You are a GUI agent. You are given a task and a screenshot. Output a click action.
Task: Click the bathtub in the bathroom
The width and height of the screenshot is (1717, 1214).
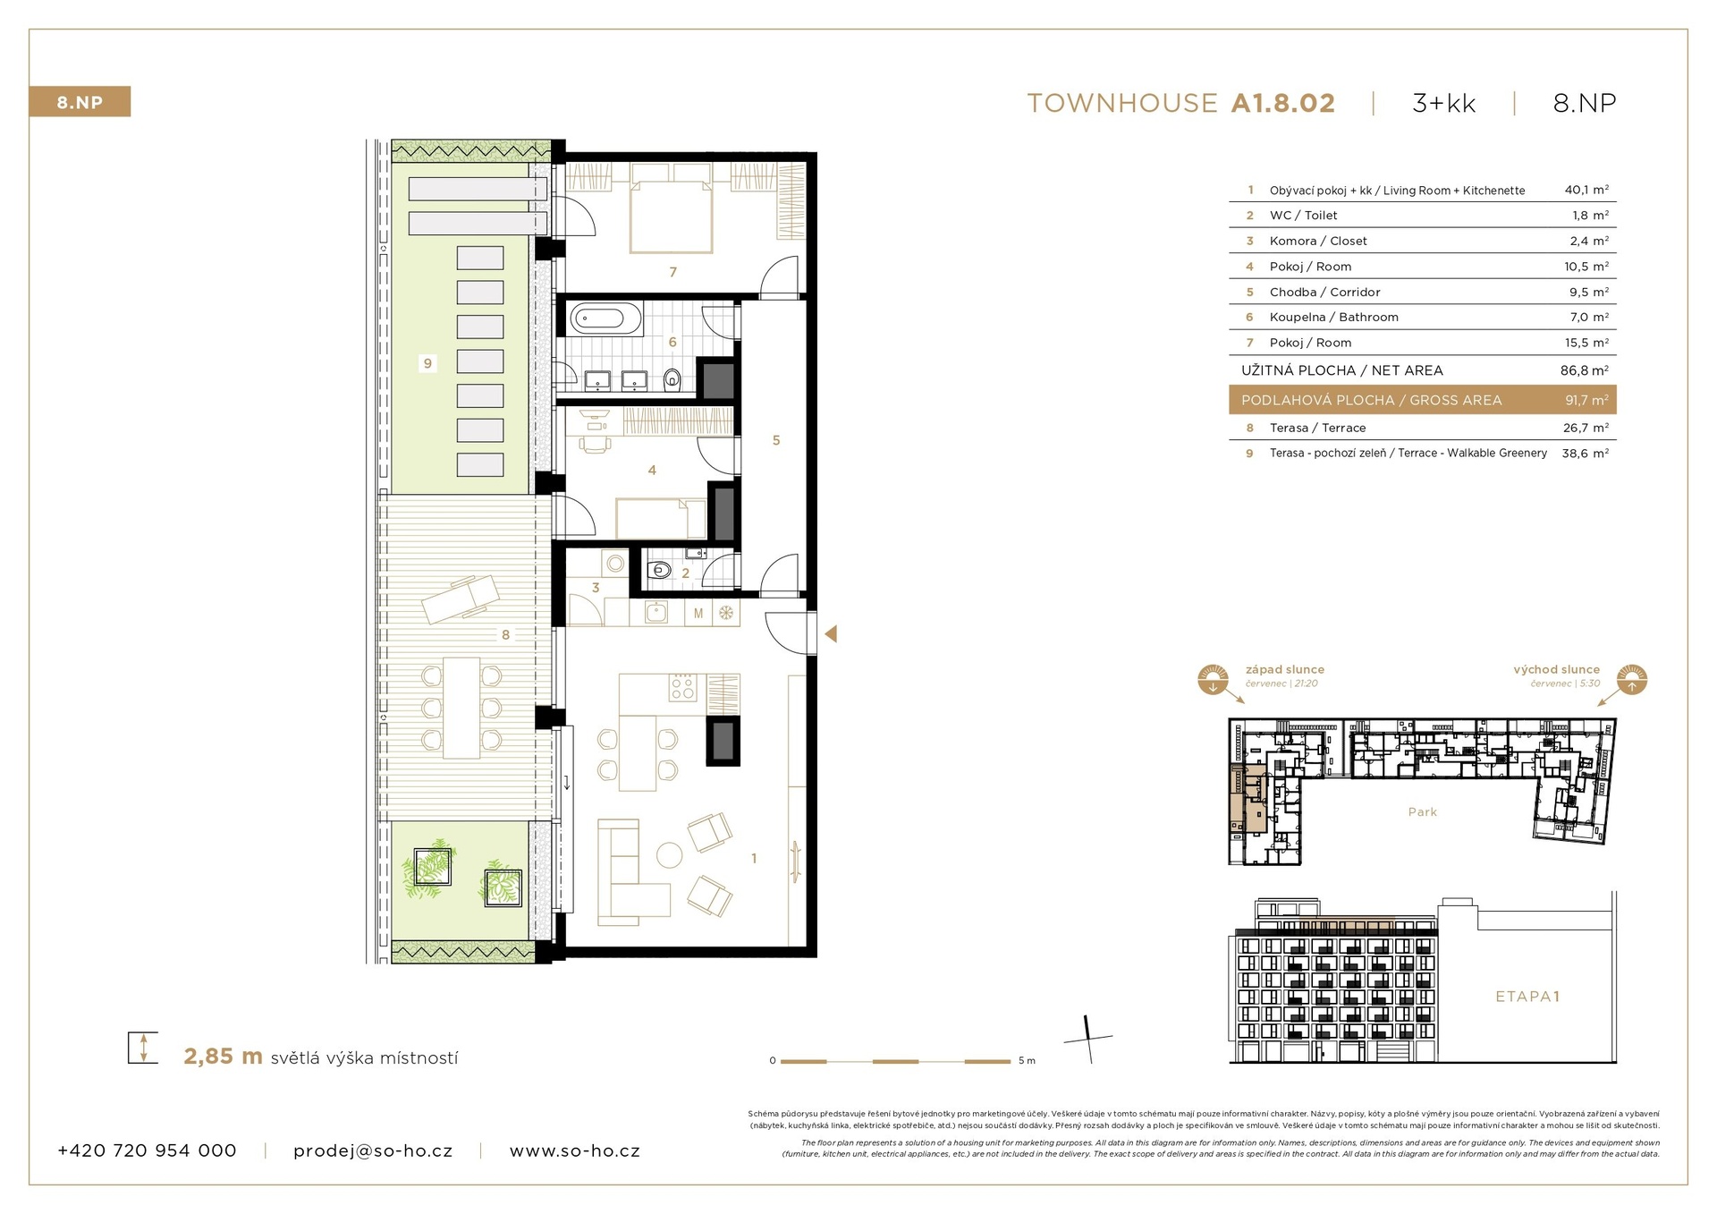point(605,318)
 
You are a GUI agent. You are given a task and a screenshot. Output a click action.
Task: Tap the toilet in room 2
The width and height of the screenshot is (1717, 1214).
point(660,570)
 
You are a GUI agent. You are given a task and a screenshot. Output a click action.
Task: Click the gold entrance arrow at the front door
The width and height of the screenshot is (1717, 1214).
point(831,634)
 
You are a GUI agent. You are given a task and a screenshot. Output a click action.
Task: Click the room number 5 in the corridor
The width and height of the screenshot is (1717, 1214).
point(776,440)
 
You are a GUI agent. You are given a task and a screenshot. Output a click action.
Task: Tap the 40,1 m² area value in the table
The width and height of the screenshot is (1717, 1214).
point(1586,190)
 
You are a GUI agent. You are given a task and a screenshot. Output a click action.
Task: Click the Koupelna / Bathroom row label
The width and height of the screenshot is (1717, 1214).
point(1333,317)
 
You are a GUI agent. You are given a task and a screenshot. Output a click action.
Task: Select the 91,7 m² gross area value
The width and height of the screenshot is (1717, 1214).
point(1586,400)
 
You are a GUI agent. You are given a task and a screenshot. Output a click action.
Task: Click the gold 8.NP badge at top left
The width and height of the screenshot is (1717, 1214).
point(80,102)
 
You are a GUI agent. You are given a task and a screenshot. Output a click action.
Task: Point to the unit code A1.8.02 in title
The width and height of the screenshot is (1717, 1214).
point(1282,104)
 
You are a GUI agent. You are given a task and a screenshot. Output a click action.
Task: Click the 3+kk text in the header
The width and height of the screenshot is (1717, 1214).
point(1443,104)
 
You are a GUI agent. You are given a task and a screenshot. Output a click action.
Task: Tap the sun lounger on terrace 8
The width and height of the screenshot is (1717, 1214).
point(461,598)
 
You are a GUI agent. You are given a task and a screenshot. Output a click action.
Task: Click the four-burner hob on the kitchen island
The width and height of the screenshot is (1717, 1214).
point(682,687)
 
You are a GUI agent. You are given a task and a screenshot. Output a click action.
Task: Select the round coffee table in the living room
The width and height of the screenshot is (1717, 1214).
point(669,855)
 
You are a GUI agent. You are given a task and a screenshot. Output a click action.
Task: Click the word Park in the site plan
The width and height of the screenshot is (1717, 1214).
point(1422,812)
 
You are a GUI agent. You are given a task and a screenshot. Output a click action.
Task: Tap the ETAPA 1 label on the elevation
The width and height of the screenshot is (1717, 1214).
point(1527,996)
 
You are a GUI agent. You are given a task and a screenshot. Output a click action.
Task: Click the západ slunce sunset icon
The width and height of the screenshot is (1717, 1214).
point(1213,680)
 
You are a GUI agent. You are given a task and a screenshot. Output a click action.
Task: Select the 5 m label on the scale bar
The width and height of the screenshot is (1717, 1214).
point(1027,1061)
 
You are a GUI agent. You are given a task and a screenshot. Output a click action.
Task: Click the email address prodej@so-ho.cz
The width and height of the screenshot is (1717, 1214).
point(373,1151)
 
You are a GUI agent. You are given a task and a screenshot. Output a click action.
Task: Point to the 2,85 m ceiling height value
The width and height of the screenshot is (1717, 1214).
point(223,1057)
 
